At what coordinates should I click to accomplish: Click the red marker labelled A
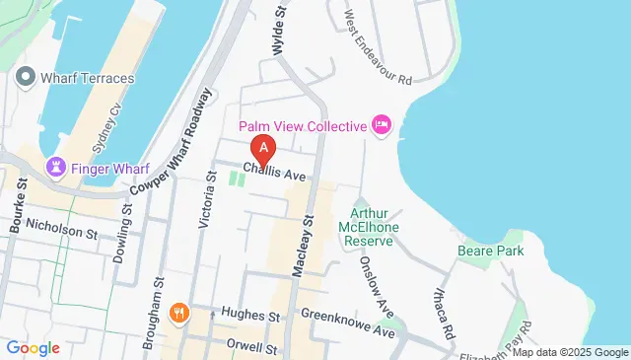263,149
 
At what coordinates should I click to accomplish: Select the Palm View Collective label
302,125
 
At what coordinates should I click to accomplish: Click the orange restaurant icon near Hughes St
178,314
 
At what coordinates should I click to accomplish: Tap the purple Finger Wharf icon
56,169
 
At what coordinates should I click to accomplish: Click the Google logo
33,347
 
